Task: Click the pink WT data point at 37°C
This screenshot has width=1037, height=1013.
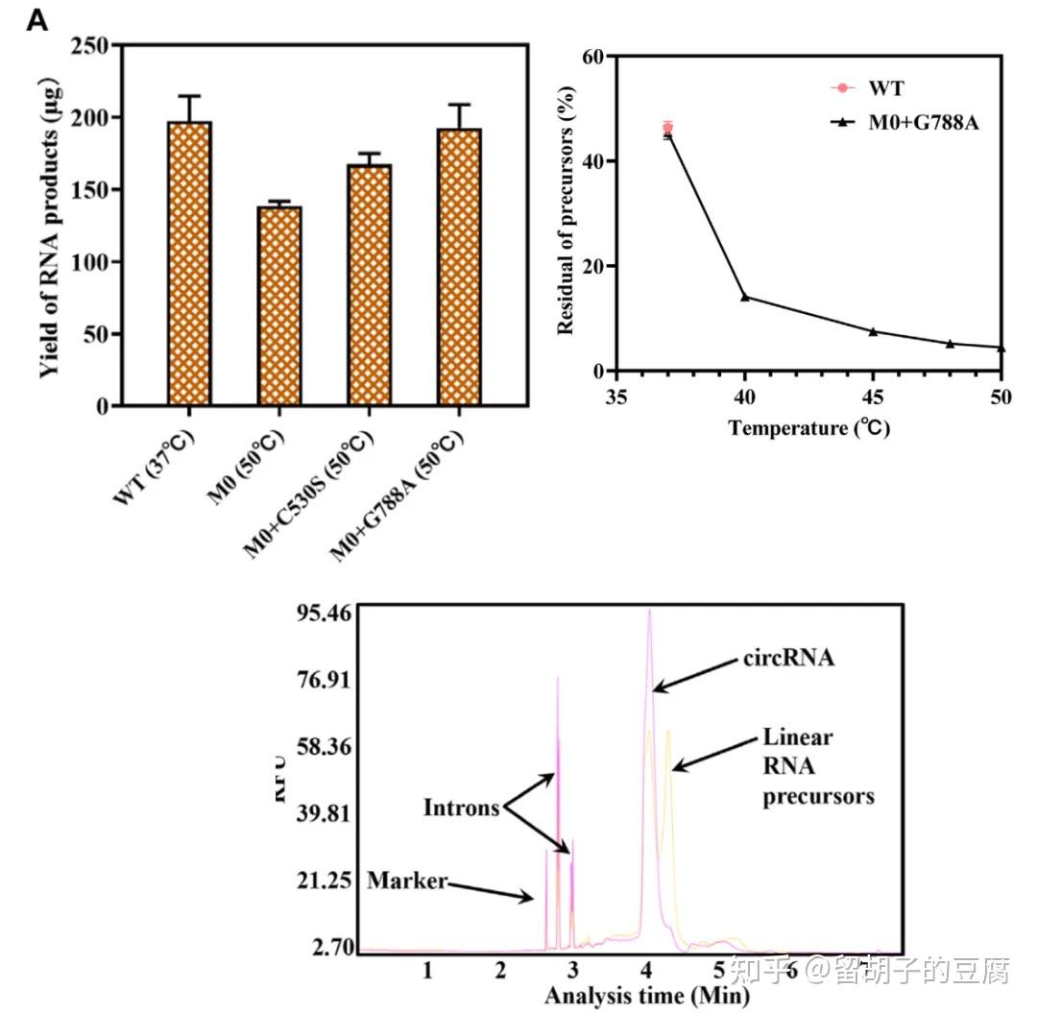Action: [x=668, y=127]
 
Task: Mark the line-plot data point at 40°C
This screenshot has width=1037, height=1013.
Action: [x=745, y=297]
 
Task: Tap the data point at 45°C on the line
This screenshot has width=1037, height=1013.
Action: [x=873, y=331]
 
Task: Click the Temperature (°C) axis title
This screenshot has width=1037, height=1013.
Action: [x=808, y=427]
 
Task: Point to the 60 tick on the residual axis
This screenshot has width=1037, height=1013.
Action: [x=593, y=57]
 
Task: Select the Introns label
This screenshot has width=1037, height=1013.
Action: [x=462, y=808]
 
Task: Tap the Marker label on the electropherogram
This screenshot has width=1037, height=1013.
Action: [x=407, y=880]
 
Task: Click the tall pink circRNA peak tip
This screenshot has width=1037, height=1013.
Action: [x=650, y=611]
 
